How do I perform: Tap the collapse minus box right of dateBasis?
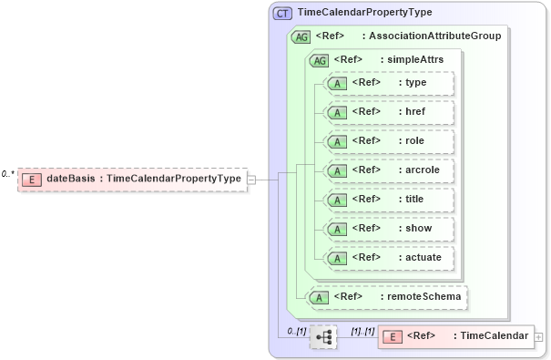(251, 180)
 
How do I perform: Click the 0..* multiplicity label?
(9, 173)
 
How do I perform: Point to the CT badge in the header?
(282, 13)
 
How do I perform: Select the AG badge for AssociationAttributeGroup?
(301, 37)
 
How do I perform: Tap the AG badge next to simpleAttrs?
(320, 60)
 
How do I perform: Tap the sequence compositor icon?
(323, 336)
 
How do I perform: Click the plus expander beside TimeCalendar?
(538, 337)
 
